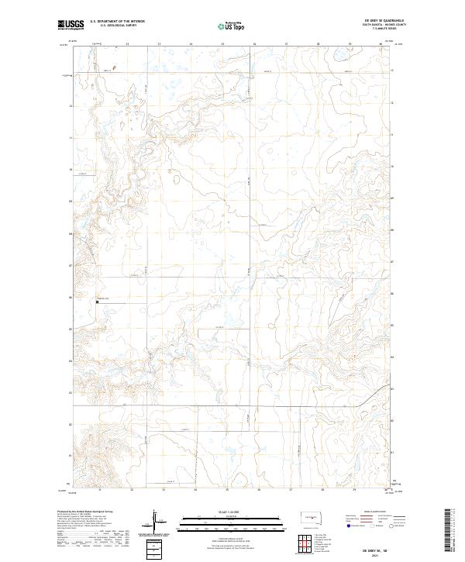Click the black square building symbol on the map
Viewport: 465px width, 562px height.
pos(97,302)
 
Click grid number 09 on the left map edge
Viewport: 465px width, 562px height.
pos(71,201)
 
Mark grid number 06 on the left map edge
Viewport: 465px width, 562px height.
pos(71,296)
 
